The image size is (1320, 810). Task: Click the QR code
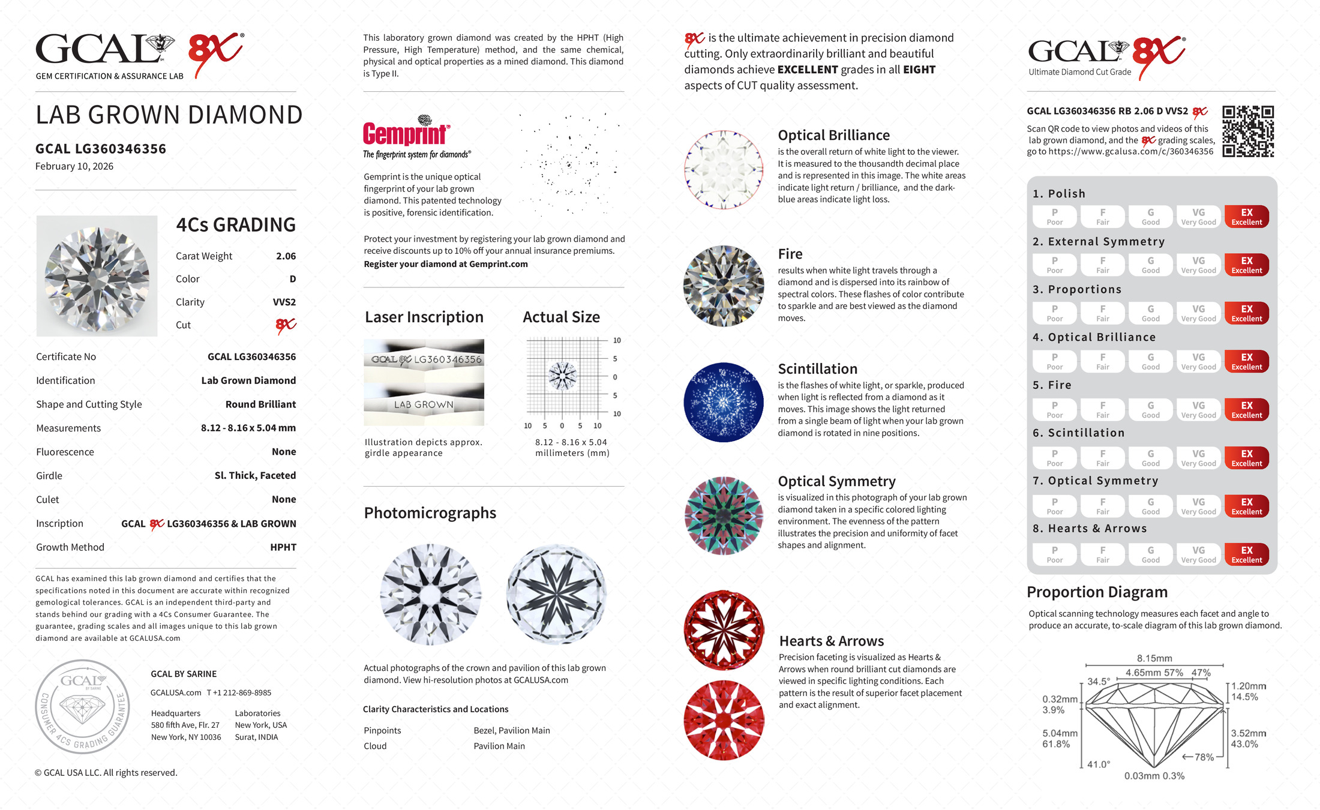(x=1248, y=131)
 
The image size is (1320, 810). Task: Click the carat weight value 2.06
(x=286, y=256)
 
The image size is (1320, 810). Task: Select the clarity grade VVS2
(x=284, y=302)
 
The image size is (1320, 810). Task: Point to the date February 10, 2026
(x=74, y=166)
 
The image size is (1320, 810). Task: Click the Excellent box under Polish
(x=1246, y=217)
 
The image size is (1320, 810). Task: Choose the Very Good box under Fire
(x=1198, y=410)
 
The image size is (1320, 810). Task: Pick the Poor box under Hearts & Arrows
(x=1054, y=554)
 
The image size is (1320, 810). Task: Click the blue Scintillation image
(x=724, y=402)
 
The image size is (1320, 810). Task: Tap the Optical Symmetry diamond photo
(x=724, y=515)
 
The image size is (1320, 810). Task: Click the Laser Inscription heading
(x=424, y=317)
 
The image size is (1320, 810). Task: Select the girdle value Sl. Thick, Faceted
(x=255, y=476)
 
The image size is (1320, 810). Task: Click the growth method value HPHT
(x=283, y=547)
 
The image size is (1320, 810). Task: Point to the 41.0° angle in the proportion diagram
(x=1098, y=764)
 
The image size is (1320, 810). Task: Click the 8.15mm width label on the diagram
(x=1154, y=658)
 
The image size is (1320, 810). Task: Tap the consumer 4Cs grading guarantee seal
(x=82, y=706)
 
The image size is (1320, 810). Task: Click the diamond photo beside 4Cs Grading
(x=97, y=276)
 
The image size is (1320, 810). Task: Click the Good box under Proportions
(x=1150, y=313)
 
